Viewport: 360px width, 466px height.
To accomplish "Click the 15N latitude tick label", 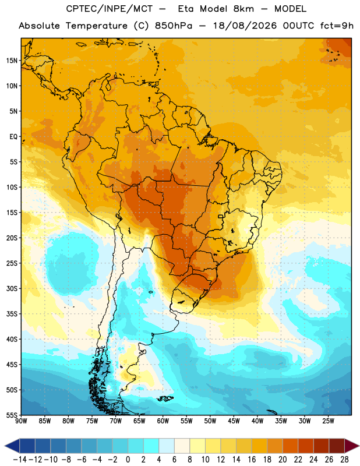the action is point(12,61).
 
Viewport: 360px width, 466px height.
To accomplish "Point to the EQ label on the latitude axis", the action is point(13,137).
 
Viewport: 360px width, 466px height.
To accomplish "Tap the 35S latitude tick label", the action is point(12,314).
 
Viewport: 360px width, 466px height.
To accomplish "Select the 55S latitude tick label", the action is point(12,415).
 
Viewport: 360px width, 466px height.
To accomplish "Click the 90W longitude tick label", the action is point(21,421).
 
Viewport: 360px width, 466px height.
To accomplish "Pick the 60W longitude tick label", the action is point(163,421).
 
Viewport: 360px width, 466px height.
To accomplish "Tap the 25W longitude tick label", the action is point(328,421).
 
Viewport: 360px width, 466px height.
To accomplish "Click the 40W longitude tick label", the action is point(257,421).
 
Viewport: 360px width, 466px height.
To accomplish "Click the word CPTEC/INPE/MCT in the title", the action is point(110,9).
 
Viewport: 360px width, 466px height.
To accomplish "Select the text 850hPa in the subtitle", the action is point(174,26).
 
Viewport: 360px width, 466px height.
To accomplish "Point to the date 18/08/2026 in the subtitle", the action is point(245,26).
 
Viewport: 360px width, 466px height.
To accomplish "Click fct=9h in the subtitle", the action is point(337,26).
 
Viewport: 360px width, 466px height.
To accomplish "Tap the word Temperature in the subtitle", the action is point(97,26).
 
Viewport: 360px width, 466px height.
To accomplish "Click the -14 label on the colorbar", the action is point(20,460).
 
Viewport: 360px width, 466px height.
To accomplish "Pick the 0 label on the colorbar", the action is point(128,460).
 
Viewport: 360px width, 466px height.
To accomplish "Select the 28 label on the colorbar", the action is point(344,460).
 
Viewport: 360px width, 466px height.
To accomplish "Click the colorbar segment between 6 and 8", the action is point(182,446).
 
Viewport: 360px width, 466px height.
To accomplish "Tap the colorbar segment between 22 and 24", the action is point(306,446).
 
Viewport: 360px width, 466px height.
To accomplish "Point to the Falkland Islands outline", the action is point(165,398).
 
